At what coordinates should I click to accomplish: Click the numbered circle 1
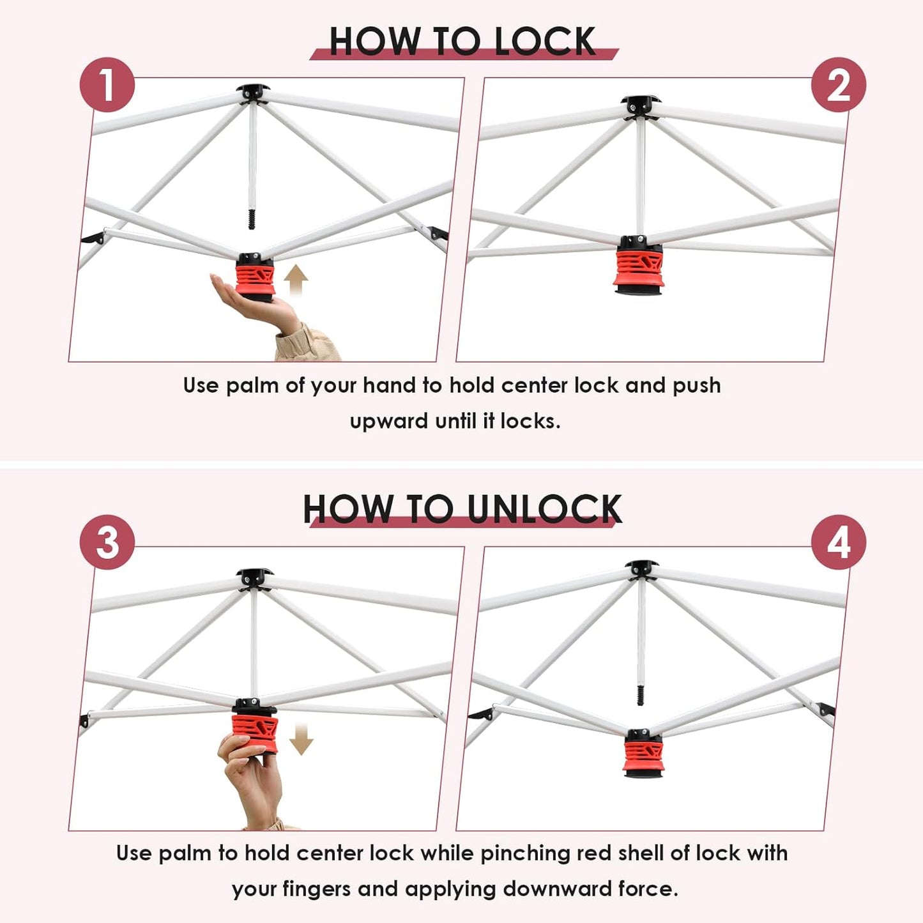tap(107, 85)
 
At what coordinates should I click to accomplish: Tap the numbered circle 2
tap(838, 85)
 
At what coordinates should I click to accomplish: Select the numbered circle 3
tap(107, 542)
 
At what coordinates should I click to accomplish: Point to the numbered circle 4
tap(838, 542)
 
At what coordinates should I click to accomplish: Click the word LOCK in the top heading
tap(545, 42)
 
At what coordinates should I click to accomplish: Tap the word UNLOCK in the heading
tap(544, 508)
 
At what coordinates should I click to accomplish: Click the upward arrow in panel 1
tap(296, 280)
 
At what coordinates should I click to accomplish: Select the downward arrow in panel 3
tap(301, 739)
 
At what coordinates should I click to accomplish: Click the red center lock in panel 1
tap(255, 280)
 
